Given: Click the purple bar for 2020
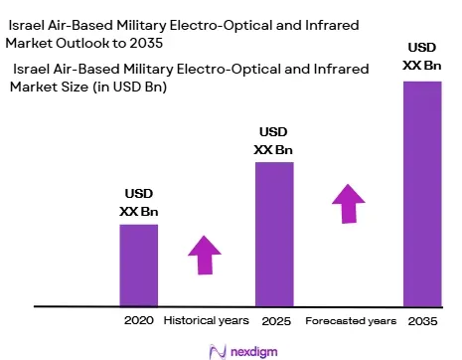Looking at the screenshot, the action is pos(139,266).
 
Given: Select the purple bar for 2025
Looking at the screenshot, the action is pos(274,235).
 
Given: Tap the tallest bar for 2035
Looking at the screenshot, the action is pos(422,194).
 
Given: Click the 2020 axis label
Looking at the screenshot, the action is pos(139,320).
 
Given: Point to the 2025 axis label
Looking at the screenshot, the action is pos(276,321).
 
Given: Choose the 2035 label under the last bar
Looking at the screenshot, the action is pos(422,321).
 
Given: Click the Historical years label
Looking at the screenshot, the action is pos(206,320).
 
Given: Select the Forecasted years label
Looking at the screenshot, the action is pos(351,321).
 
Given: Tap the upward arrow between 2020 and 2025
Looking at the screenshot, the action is pos(205,255).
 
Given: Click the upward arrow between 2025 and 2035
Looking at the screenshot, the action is pos(349,204).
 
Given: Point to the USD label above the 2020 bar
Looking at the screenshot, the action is pos(139,194).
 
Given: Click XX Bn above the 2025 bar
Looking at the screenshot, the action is pos(273,150).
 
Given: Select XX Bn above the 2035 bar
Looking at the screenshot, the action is pos(422,66).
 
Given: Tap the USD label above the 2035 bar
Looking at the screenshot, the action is pos(422,48).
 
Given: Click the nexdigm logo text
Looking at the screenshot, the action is pos(254,352).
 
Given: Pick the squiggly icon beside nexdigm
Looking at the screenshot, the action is pos(218,352).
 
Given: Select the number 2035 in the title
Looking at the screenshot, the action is pos(146,43).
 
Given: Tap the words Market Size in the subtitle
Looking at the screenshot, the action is pos(50,87).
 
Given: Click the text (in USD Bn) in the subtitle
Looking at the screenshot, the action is pos(130,88).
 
